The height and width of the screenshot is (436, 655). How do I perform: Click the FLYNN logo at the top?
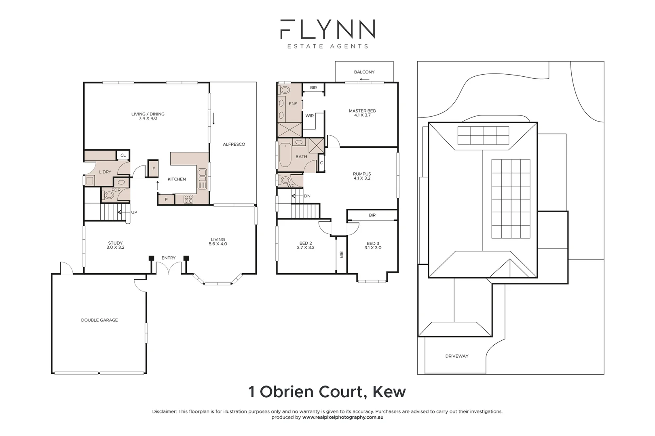point(327,29)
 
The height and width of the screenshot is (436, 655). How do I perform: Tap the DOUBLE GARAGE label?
point(99,320)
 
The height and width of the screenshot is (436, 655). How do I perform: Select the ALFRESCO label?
point(234,144)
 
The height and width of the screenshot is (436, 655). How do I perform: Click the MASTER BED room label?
point(362,111)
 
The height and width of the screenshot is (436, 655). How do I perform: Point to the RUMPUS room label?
point(362,174)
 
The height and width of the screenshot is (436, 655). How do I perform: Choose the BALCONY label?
point(364,72)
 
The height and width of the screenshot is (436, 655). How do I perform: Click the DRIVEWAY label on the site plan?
point(457,356)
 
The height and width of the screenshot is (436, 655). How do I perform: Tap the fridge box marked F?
point(154,169)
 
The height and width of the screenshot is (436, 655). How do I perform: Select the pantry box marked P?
point(166,199)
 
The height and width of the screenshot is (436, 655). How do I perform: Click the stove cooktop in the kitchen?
point(188,199)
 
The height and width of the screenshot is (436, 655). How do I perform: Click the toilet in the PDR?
point(108,196)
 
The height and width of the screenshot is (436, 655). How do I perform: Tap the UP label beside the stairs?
point(134,212)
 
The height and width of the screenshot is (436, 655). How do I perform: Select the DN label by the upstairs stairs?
point(307,196)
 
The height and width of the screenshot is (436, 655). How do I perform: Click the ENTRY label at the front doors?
point(169,258)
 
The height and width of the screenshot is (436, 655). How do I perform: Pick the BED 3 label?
point(373,243)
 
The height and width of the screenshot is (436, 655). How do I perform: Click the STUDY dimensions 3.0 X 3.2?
point(115,247)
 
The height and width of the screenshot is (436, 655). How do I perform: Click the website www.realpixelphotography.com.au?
point(343,417)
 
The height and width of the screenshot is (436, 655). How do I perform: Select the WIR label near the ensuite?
point(309,116)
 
